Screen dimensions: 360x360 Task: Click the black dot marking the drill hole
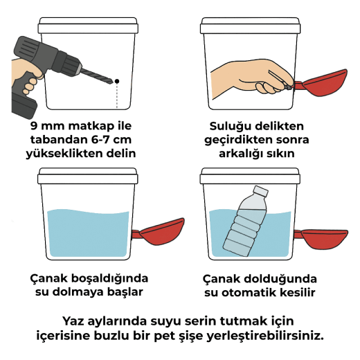[117, 81]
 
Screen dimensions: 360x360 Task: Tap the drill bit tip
[114, 82]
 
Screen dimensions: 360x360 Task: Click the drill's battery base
[24, 105]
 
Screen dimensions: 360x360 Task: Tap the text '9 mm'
[47, 126]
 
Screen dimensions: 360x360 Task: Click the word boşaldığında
[109, 279]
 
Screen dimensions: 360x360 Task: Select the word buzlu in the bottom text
[111, 335]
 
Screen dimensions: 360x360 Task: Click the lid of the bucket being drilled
[88, 25]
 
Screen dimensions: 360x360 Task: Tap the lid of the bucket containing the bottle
[250, 176]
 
